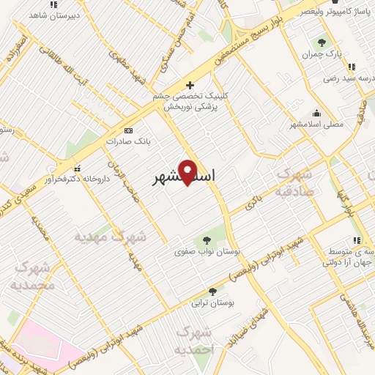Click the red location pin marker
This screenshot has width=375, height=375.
click(x=188, y=171)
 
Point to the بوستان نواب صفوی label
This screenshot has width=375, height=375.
click(x=208, y=251)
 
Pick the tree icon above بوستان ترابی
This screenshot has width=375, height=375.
click(x=212, y=291)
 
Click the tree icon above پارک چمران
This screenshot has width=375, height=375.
click(x=322, y=43)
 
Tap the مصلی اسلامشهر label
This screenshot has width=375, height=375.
click(x=317, y=125)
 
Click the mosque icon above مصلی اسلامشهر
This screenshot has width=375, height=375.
click(x=316, y=114)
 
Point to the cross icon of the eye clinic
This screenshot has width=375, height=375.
click(x=190, y=85)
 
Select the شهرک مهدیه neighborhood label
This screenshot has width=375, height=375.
click(x=111, y=237)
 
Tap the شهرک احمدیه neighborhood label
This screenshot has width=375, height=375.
click(x=194, y=341)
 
